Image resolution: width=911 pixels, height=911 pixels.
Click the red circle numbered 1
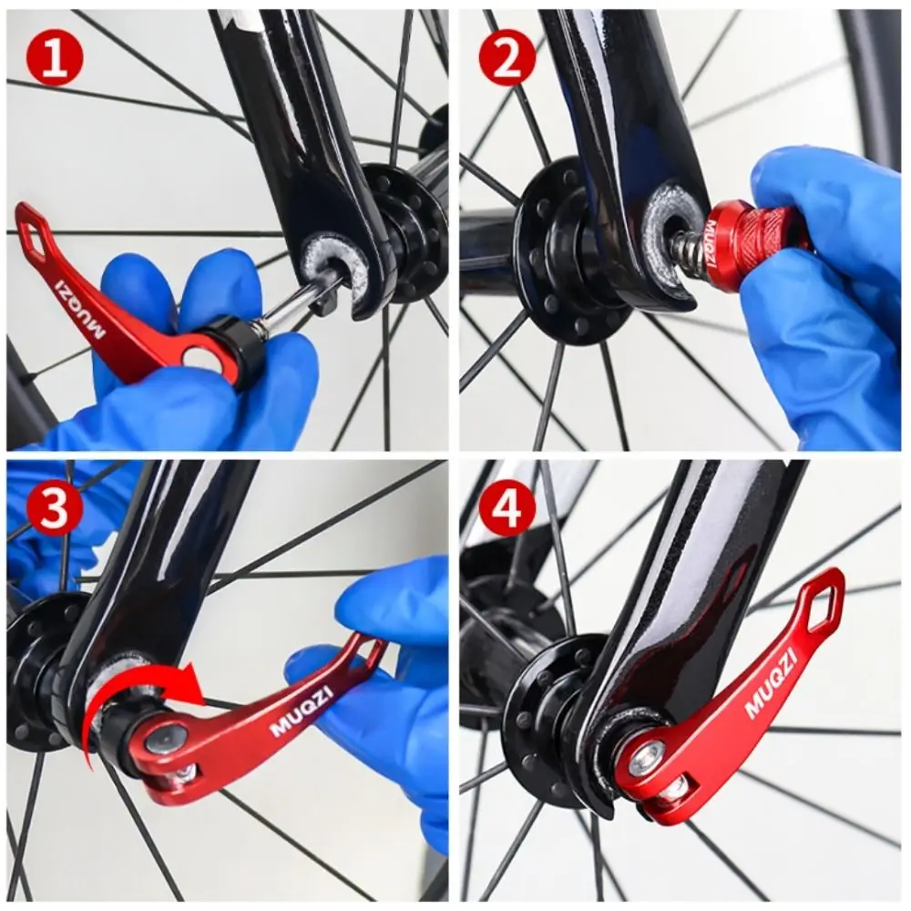point(56,57)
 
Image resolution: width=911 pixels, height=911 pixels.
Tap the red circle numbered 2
point(507,57)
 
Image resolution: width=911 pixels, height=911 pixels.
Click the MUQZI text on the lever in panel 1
point(80,309)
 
